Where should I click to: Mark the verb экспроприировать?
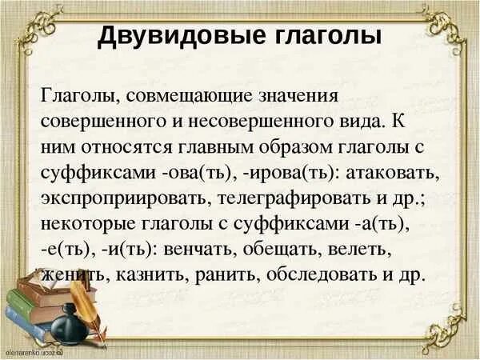click(126, 198)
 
